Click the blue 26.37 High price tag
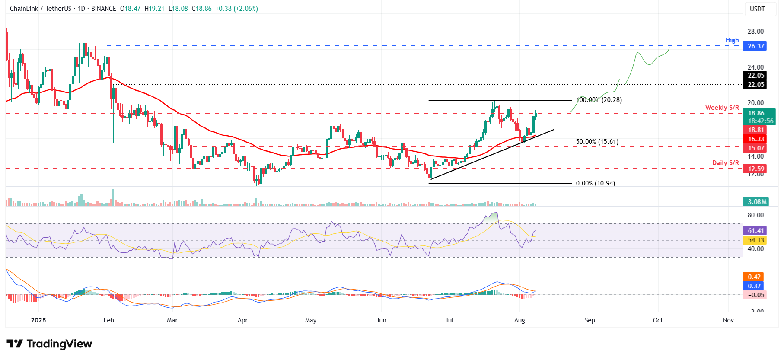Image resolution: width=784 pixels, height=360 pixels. [x=755, y=46]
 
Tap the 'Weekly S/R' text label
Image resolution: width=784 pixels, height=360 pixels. [x=722, y=108]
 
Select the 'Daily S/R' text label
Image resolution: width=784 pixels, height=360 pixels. [x=725, y=163]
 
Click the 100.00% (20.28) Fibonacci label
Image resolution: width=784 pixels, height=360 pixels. [x=599, y=100]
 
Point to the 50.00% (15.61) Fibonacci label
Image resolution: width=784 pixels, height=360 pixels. [x=597, y=142]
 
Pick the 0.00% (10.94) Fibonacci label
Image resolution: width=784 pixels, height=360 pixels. [x=595, y=183]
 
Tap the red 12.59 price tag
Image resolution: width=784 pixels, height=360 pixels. [x=756, y=169]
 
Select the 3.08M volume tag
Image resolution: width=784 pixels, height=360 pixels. [x=757, y=202]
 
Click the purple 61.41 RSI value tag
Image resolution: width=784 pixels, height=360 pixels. [x=756, y=231]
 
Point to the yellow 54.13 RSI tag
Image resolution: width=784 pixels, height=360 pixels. [x=756, y=240]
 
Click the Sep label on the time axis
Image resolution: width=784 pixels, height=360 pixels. [x=590, y=320]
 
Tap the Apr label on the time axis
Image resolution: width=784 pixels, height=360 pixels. [x=242, y=320]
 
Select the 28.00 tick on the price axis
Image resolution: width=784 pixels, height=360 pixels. [x=755, y=32]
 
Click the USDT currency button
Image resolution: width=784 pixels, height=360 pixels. [x=757, y=9]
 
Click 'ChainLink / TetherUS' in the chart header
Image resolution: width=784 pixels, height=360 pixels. [x=41, y=9]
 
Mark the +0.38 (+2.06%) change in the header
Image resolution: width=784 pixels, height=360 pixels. [x=236, y=9]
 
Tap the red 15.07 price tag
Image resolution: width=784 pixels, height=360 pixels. [x=756, y=148]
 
